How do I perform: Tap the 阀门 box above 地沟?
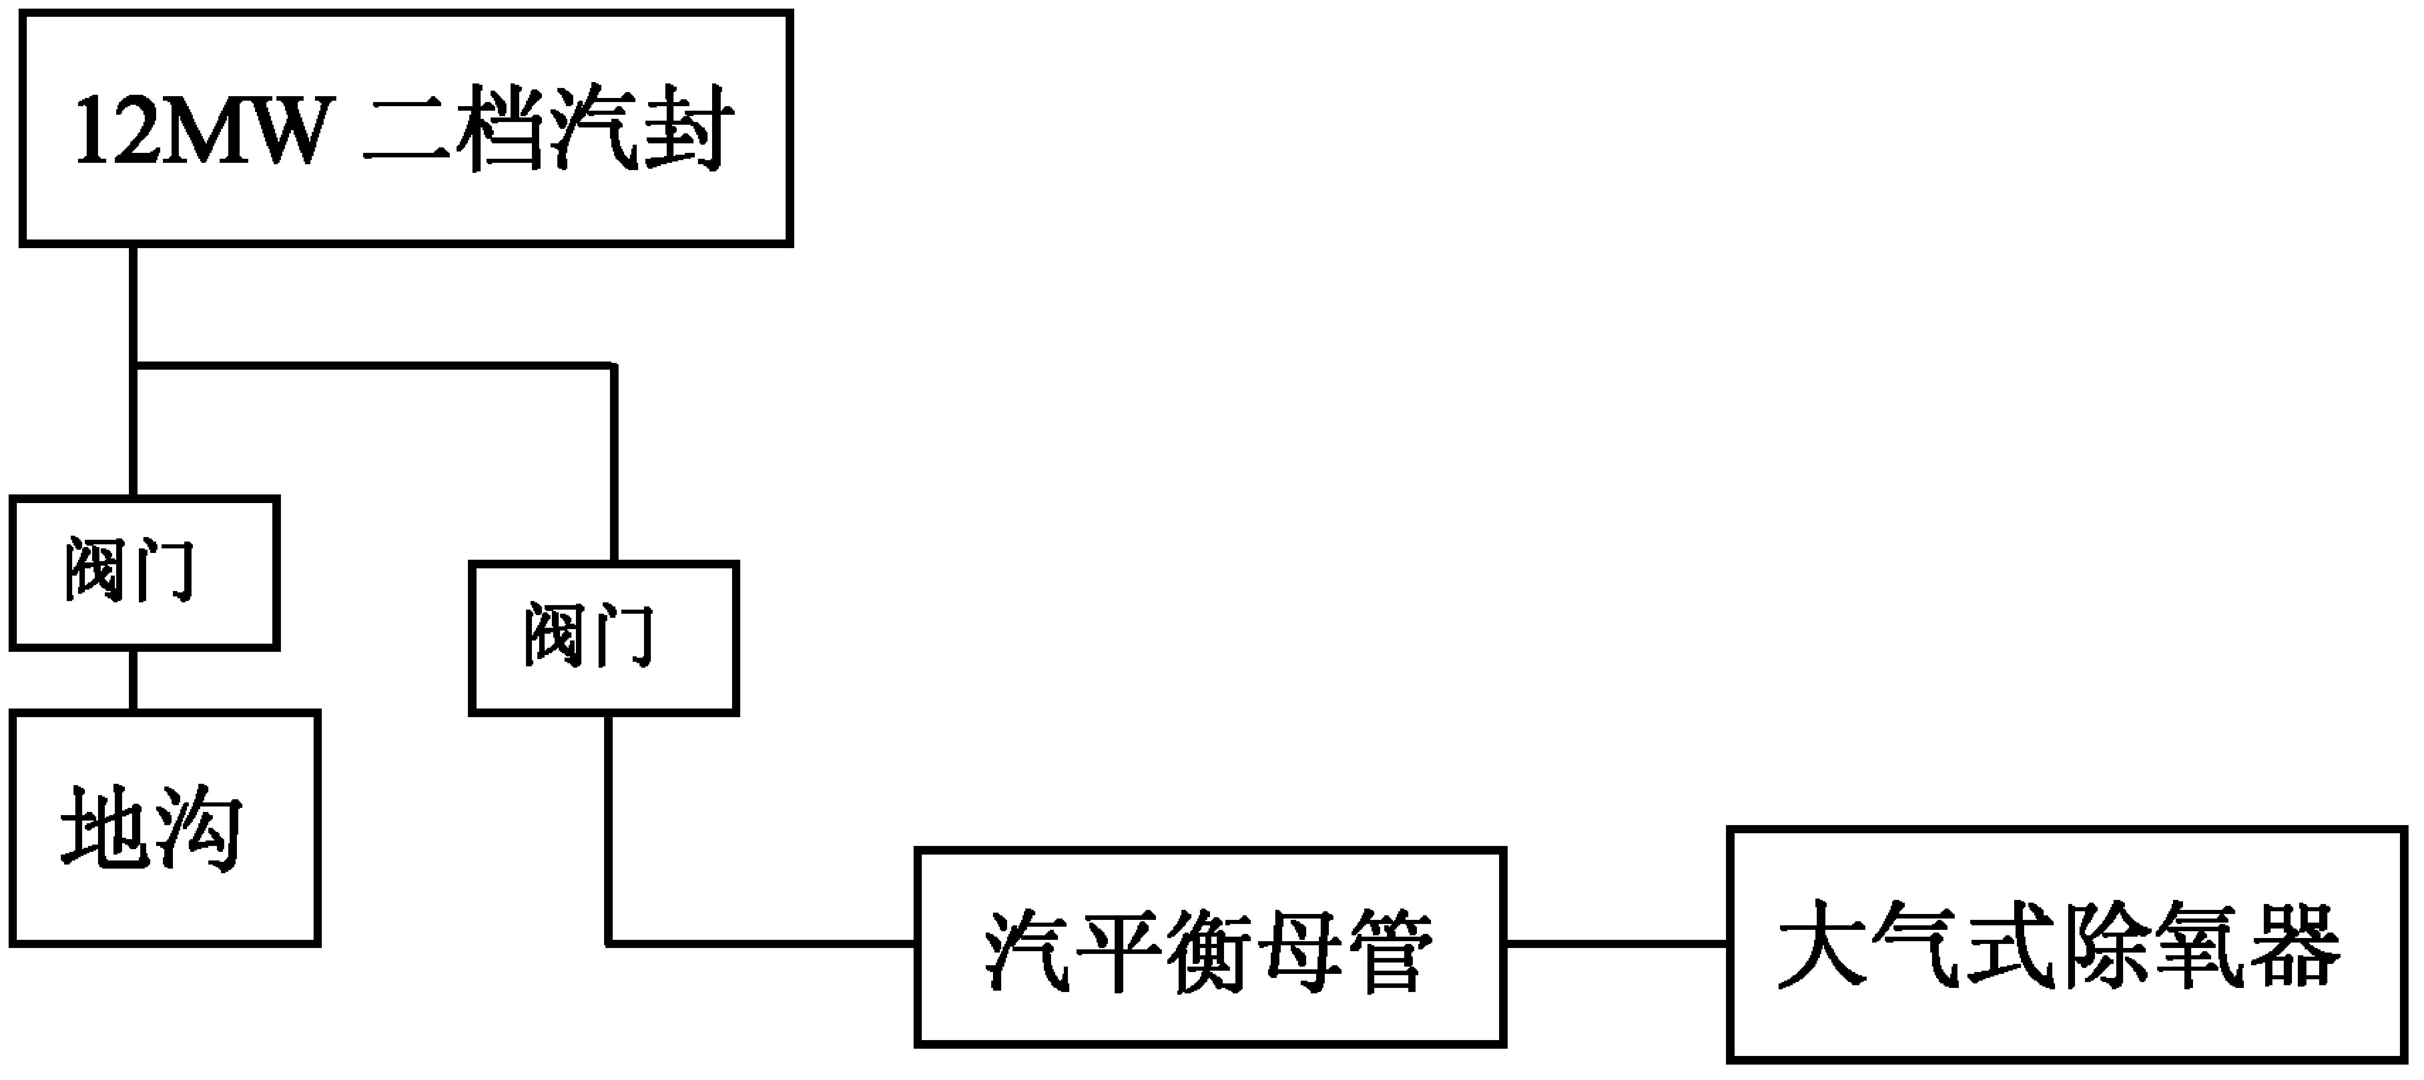144,572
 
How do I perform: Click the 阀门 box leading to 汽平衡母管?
603,638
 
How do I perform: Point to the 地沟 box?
165,828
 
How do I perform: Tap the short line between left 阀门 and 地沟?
133,679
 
